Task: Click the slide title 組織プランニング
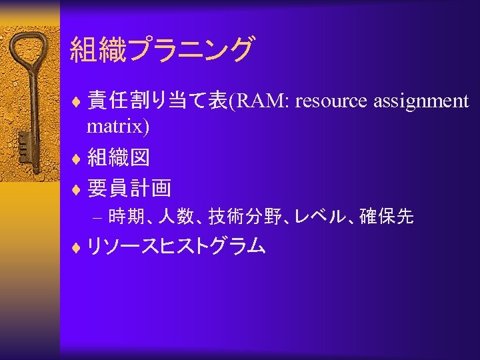point(161,50)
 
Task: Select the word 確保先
point(387,217)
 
